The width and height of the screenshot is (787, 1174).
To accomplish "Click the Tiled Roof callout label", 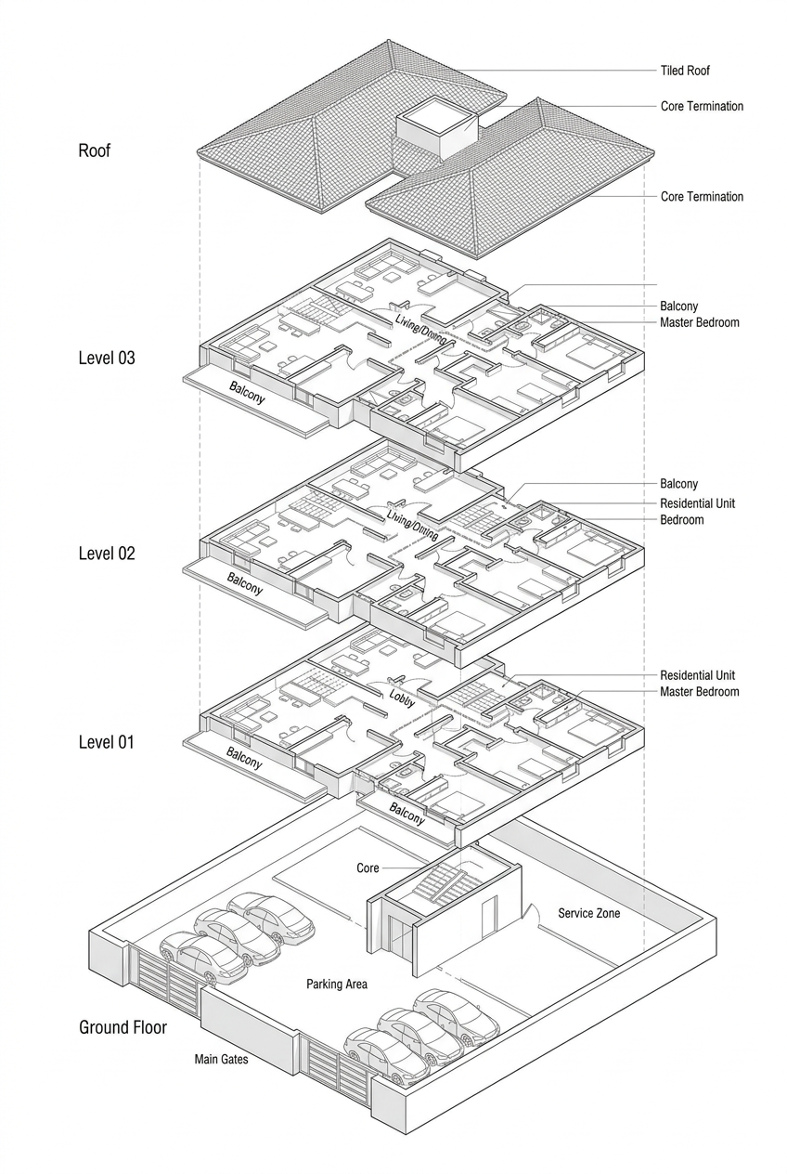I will pos(685,71).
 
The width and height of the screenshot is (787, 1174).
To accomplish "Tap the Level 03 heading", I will pos(107,358).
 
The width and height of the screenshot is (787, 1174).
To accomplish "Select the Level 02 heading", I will pos(107,554).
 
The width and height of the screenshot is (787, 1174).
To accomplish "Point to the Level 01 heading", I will pos(107,742).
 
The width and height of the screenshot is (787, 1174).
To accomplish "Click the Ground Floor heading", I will pos(123,1027).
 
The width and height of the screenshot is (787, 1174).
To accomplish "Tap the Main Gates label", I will pos(221,1059).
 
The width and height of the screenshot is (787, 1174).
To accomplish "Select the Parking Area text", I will pos(337,984).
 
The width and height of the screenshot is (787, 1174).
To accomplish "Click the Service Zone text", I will pos(589,913).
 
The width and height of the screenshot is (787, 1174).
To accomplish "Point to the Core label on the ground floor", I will pos(368,868).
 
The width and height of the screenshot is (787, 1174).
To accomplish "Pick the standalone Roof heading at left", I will pos(95,150).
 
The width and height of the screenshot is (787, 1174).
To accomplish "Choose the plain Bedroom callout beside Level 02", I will pos(681,520).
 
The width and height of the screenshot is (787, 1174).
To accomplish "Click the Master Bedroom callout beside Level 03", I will pos(699,322).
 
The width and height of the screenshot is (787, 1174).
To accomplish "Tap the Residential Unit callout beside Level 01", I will pos(697,675).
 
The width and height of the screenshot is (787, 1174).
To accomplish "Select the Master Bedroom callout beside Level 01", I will pos(699,692).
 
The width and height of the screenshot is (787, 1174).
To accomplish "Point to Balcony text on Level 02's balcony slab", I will pos(245,583).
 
